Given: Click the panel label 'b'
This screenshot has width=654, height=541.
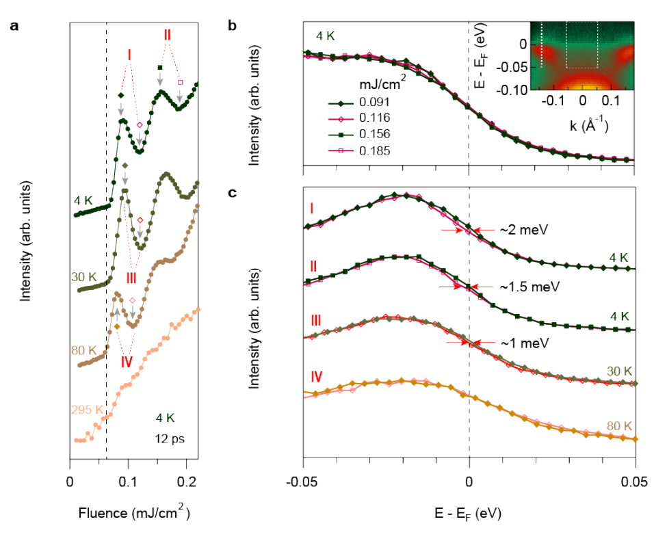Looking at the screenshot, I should [233, 27].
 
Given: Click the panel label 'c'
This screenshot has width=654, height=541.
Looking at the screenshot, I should [233, 193].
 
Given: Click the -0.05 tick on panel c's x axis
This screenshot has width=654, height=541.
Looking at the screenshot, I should [302, 483].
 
